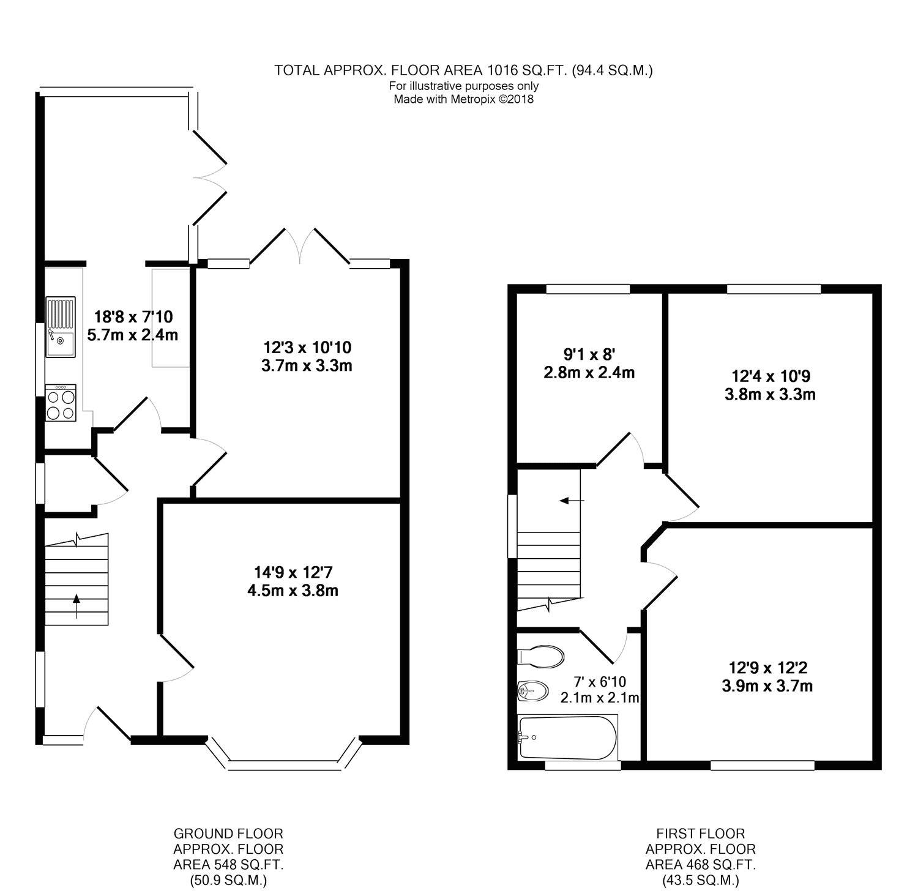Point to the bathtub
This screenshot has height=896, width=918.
568,737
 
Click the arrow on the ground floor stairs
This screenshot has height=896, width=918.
76,606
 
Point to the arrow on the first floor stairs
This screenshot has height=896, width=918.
573,501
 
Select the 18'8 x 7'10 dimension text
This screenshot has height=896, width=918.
133,317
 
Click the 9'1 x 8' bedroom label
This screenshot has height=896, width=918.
589,354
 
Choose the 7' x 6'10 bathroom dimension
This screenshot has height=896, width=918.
599,681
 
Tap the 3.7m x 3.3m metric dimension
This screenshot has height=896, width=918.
307,367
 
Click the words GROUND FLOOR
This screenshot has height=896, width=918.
228,834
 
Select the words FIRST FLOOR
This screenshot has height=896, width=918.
701,834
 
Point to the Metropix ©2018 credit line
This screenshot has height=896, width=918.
464,100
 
